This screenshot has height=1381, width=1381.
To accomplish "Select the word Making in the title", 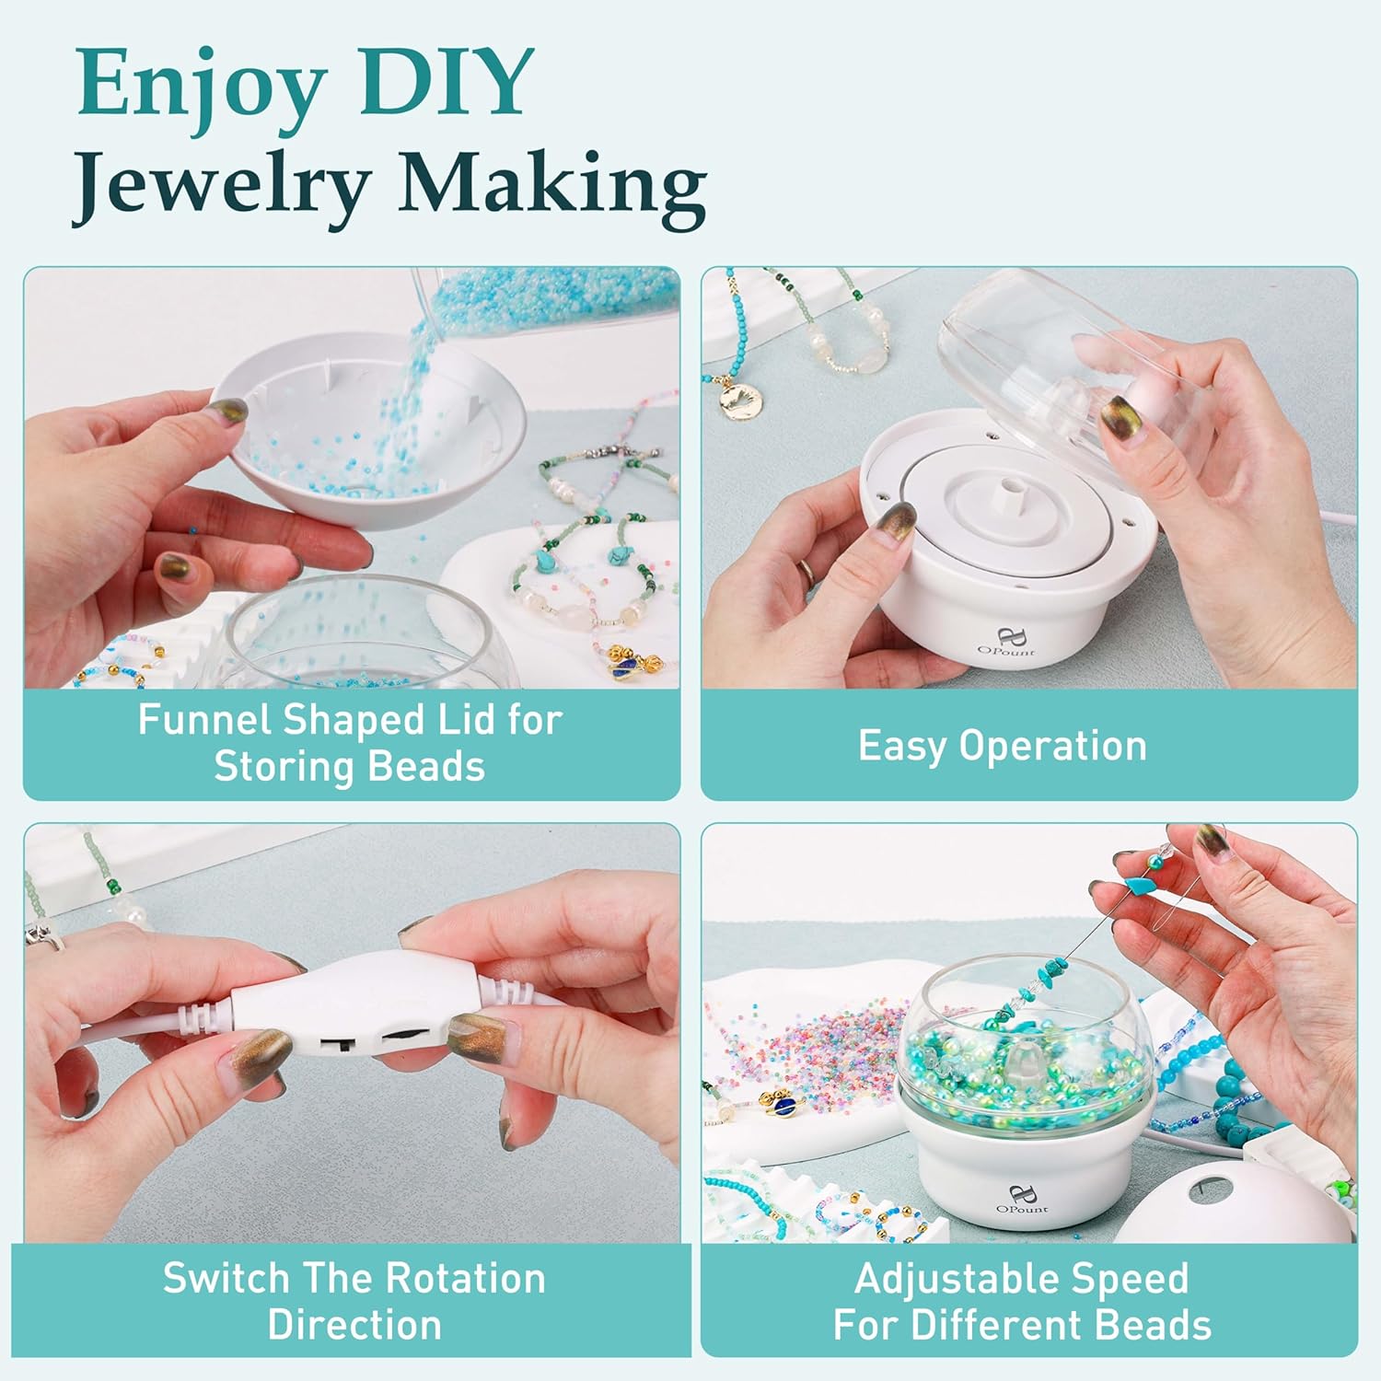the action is point(551,187).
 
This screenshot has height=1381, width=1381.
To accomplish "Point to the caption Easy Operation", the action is point(1003,746).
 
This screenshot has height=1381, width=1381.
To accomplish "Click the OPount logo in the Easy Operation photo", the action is point(1005,642).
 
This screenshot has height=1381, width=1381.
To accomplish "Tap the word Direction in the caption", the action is point(354,1325).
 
